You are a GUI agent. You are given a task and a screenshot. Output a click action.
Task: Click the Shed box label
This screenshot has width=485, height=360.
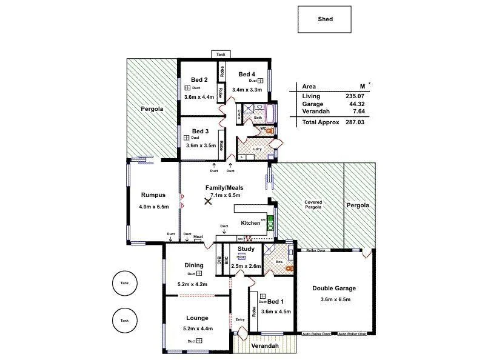pos(326,19)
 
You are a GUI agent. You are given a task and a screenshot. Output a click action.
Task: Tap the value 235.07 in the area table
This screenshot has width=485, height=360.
pos(355,96)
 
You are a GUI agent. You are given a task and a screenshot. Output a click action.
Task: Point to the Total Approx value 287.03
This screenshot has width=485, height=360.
pos(355,122)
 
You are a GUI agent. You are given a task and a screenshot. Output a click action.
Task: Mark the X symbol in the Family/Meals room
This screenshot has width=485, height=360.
pos(208,202)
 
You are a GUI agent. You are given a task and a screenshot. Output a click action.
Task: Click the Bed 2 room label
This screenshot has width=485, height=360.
pos(199,79)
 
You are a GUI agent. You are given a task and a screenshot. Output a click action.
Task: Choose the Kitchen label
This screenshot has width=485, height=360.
pos(250,223)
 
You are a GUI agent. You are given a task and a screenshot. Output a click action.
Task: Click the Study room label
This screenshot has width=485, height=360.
pos(246,248)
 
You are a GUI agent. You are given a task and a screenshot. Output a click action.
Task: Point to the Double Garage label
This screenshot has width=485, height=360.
pos(334,288)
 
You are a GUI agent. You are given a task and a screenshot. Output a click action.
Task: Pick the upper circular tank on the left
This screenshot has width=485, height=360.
pos(124,283)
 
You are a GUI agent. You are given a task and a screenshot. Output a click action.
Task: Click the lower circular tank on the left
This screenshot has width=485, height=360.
pos(124,320)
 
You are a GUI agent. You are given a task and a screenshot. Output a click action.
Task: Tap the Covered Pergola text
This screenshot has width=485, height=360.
pos(313,205)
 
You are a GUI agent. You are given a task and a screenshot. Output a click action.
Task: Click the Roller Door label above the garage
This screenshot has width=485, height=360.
pos(316,250)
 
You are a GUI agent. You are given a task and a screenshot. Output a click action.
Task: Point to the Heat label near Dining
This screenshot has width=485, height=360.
pos(198,237)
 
